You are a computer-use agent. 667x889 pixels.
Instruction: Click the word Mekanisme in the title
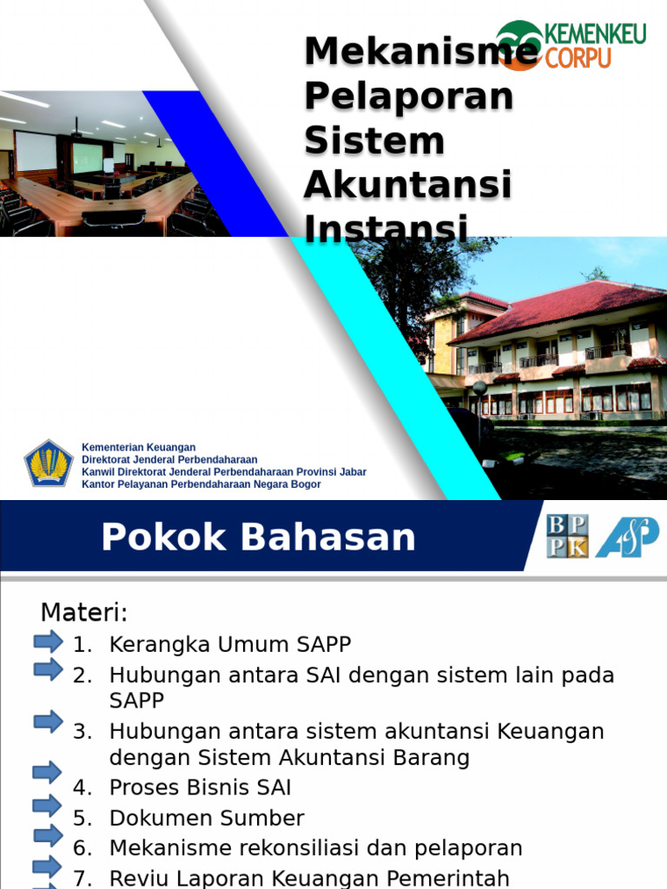point(420,51)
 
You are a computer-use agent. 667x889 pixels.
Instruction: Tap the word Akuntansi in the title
point(407,184)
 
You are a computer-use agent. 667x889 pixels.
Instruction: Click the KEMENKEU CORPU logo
point(571,44)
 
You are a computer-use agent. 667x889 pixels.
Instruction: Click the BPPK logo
point(567,536)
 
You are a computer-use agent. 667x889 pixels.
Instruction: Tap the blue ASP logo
point(626,537)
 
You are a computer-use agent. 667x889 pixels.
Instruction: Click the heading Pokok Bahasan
point(258,537)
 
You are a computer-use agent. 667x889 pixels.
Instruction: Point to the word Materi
point(83,613)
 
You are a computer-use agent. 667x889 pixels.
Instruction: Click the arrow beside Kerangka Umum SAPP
point(48,642)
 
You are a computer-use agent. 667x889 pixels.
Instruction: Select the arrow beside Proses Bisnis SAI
point(48,772)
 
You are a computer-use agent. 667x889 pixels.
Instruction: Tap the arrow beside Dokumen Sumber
point(48,805)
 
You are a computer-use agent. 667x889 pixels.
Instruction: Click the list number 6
point(82,848)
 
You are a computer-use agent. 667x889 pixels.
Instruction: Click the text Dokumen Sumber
point(207,819)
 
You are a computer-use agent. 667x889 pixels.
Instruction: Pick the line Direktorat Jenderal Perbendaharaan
point(169,460)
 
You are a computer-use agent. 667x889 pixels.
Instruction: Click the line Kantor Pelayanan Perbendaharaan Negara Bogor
point(201,484)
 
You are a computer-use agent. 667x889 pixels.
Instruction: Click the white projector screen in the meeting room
point(36,151)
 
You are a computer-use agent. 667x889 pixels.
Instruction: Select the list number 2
point(82,675)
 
